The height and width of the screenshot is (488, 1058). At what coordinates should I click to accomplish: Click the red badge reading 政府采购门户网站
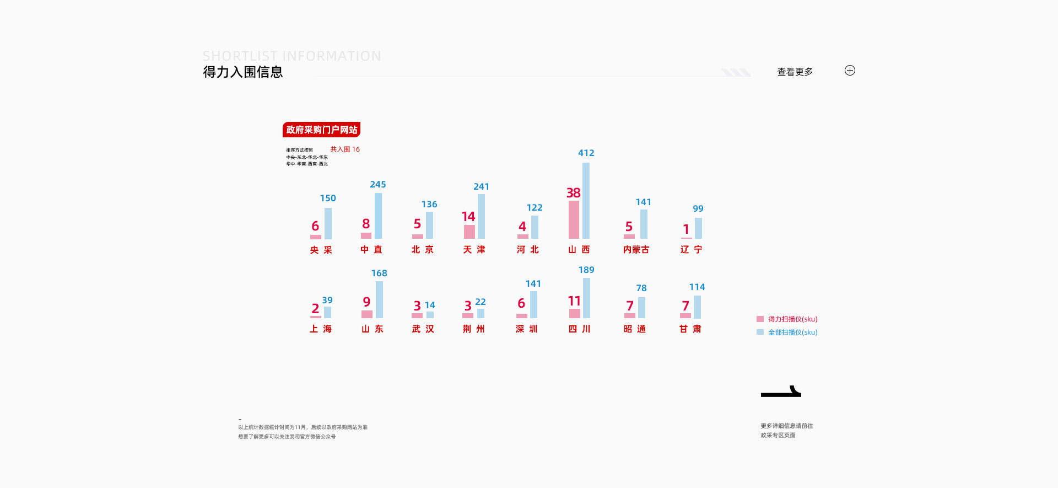click(x=321, y=130)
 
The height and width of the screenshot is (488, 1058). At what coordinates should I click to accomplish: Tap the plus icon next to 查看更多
click(x=850, y=71)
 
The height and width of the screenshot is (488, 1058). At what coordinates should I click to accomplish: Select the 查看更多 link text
click(x=795, y=72)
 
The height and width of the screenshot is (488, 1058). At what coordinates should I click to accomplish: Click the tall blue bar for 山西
click(x=586, y=201)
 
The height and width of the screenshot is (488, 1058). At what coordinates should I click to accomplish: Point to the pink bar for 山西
click(x=574, y=219)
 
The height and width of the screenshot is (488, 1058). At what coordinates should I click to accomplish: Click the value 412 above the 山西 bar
click(x=586, y=153)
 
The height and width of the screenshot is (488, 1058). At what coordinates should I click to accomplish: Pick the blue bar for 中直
click(x=378, y=216)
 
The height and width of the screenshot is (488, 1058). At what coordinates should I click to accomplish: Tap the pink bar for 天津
click(x=469, y=232)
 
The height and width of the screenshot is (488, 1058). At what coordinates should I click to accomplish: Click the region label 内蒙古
click(x=636, y=250)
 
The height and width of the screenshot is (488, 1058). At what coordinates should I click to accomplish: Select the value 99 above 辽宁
click(x=698, y=209)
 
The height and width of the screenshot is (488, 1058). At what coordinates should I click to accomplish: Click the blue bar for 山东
click(x=379, y=299)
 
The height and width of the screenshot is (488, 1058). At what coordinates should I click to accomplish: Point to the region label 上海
click(x=321, y=329)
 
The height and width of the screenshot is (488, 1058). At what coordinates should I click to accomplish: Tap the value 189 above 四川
click(x=586, y=270)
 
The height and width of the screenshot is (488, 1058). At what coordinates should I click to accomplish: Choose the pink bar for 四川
click(x=574, y=313)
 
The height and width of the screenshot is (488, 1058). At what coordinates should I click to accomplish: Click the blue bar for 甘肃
click(x=697, y=307)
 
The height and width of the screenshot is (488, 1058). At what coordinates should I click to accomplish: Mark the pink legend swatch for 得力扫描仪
click(x=760, y=319)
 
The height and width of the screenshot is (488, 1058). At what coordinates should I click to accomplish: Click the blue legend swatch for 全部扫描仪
click(x=760, y=333)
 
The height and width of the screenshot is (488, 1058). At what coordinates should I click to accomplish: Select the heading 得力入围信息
click(x=242, y=72)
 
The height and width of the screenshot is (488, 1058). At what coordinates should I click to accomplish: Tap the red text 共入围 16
click(x=345, y=149)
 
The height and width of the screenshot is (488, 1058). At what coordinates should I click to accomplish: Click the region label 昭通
click(x=635, y=329)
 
